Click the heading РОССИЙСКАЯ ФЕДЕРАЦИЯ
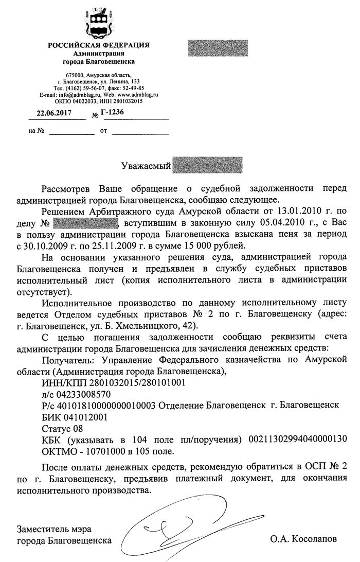pyautogui.click(x=99, y=45)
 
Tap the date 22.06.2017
pyautogui.click(x=53, y=113)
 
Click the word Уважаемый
pyautogui.click(x=146, y=166)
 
